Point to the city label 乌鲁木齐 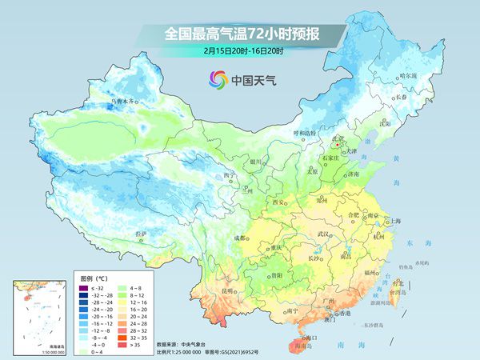[x=124, y=102]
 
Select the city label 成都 [x=241, y=238]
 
